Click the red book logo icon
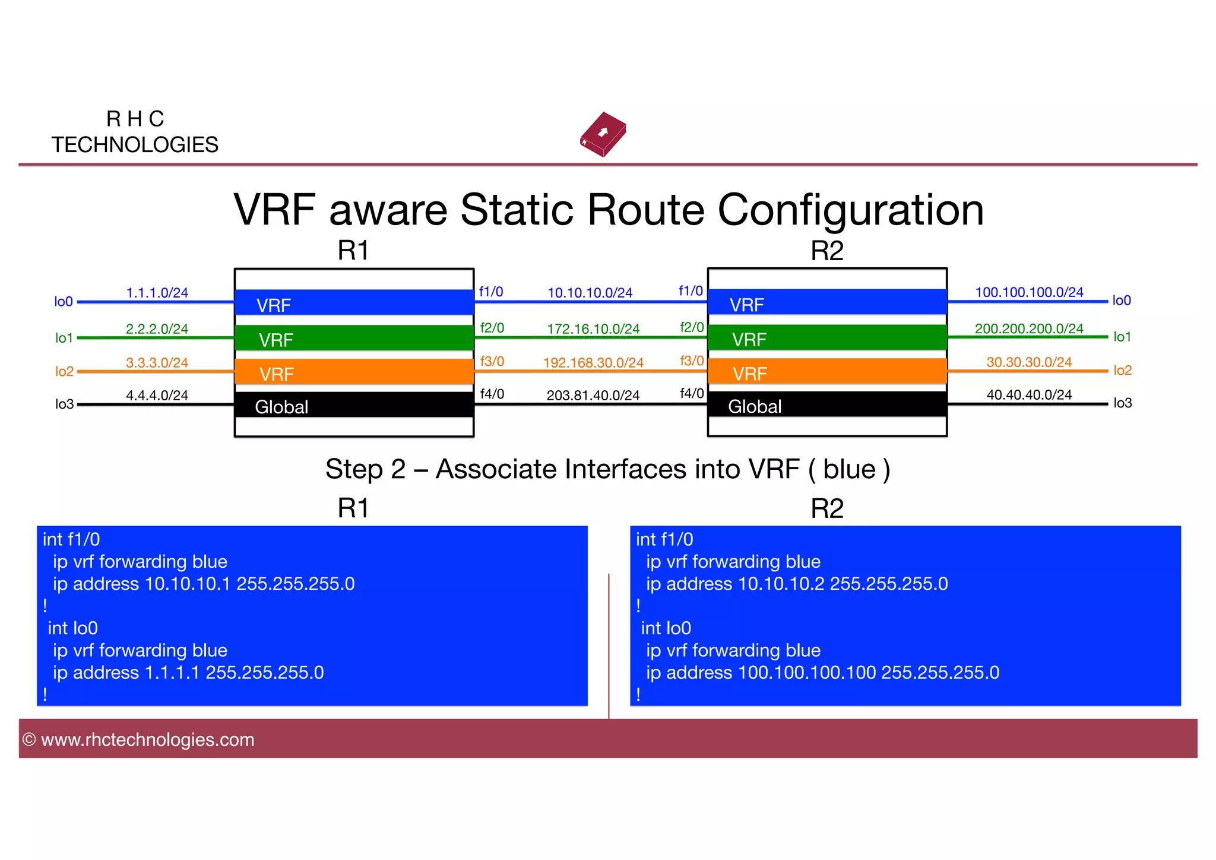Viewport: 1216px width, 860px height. point(603,134)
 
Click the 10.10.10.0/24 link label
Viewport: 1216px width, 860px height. point(590,293)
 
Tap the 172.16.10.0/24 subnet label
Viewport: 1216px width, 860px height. point(593,329)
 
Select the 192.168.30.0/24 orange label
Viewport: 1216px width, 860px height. point(593,363)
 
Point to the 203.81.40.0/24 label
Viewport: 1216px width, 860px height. point(593,396)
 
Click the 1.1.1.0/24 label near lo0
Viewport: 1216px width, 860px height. point(157,293)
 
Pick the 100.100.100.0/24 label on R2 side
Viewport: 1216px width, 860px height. point(1029,292)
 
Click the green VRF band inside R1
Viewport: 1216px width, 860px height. point(354,338)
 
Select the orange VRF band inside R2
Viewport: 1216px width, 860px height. point(827,372)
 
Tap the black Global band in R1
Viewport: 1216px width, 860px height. point(354,405)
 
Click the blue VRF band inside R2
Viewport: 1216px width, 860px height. point(827,302)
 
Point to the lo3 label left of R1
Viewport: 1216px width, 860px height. point(64,404)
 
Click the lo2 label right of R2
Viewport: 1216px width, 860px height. point(1122,371)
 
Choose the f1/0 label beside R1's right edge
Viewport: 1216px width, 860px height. point(491,292)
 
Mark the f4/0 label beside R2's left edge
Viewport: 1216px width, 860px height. point(692,393)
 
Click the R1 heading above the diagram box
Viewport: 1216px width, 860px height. point(353,251)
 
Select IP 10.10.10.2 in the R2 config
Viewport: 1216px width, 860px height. point(781,584)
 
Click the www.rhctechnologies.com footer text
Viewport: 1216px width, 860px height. point(147,740)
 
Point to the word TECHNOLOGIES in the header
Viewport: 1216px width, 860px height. point(135,145)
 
